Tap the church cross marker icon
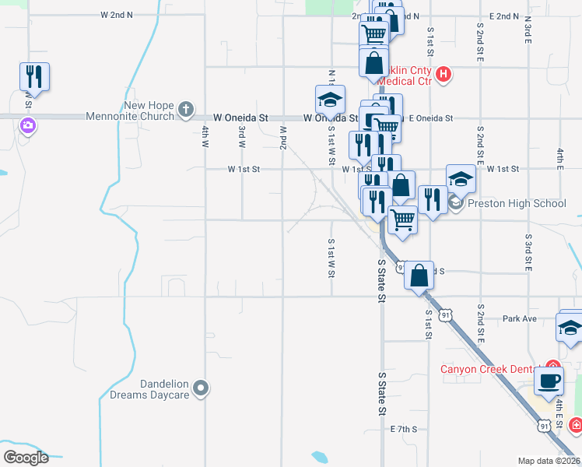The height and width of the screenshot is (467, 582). point(186,110)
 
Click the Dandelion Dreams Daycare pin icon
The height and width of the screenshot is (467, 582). point(202,388)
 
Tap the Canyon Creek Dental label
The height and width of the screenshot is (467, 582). point(492,369)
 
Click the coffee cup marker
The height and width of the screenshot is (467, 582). point(549,381)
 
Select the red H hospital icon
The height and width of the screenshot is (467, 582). point(443,75)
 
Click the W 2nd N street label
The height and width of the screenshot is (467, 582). point(117,15)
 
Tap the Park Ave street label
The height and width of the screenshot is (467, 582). point(520,318)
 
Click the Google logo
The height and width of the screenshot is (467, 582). point(26,458)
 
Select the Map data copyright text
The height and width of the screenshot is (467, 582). point(549,461)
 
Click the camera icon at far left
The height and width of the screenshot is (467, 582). point(28,125)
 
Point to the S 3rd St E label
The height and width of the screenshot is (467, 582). point(528,251)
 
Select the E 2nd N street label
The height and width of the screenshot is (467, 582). point(504,16)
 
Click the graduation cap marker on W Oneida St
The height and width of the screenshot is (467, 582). point(330,100)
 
